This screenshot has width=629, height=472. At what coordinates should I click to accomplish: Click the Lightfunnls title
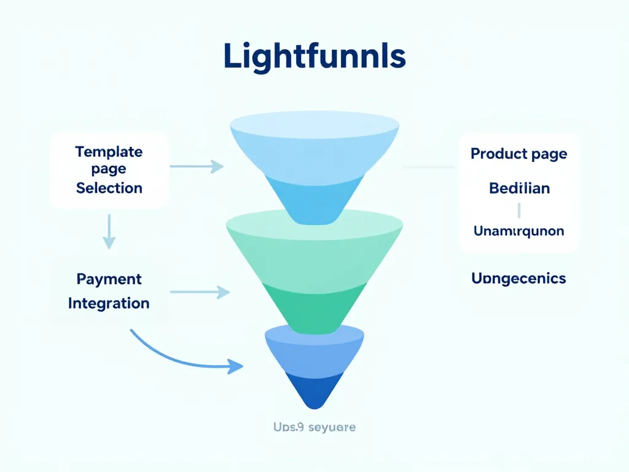tap(314, 57)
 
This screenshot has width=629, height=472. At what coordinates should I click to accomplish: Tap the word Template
tap(109, 151)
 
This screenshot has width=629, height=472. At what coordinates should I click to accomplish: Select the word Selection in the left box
tap(109, 187)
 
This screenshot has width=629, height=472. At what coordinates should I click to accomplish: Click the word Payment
tap(109, 279)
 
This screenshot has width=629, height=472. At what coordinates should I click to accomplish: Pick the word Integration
tap(109, 303)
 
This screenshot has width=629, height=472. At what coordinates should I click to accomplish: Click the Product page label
tap(519, 154)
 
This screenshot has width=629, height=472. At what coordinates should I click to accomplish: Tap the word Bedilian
tap(519, 188)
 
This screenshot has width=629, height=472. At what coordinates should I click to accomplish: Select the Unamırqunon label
tap(519, 231)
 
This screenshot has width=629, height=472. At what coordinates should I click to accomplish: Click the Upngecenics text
tap(519, 278)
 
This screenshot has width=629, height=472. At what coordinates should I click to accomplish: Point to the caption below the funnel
tap(314, 427)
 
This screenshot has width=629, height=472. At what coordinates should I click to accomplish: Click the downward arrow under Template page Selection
tap(109, 232)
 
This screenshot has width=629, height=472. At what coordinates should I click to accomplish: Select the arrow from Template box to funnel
tap(197, 166)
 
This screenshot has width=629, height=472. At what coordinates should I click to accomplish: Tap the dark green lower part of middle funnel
tap(314, 307)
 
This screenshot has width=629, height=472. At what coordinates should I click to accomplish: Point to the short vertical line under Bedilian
tap(519, 210)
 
